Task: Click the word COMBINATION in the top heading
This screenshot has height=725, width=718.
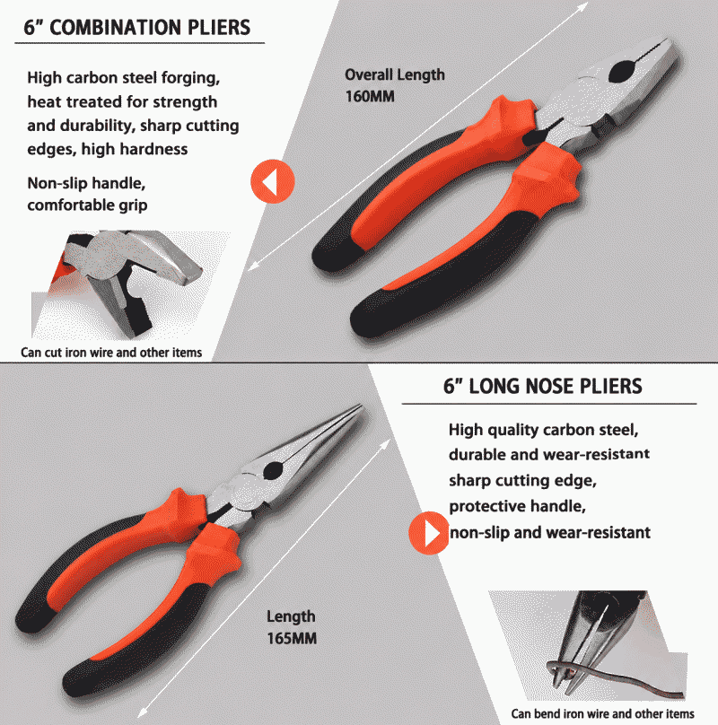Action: coord(116,28)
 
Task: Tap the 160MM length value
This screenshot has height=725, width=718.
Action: coord(370,97)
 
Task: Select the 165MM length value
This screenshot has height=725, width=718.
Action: coord(292,639)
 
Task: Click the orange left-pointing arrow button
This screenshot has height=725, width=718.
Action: coord(273,181)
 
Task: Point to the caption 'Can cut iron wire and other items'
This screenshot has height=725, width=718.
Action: coord(111,353)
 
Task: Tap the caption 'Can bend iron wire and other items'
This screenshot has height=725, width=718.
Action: coord(603,714)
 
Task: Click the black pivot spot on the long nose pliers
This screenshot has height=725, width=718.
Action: coord(273,471)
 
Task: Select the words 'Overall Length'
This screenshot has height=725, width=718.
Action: coord(395,74)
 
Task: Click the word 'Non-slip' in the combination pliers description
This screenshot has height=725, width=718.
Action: coord(57,183)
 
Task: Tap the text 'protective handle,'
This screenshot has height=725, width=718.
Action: coord(517,506)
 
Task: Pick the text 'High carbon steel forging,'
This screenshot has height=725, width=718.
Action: coord(124,78)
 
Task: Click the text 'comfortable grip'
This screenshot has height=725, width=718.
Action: coord(87,205)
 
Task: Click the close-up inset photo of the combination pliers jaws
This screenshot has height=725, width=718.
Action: coord(125,284)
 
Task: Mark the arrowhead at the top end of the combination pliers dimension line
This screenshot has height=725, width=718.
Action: coord(584,6)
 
